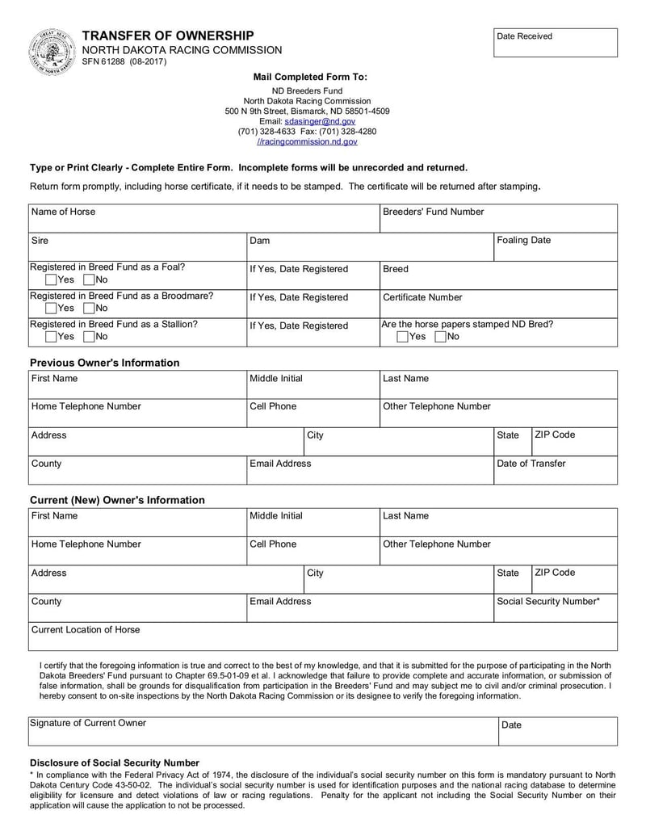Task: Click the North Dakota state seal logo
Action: tap(52, 51)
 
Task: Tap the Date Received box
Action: tap(555, 44)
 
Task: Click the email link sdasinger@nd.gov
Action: tap(320, 121)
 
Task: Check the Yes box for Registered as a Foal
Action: tap(51, 279)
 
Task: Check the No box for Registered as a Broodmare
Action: tap(89, 308)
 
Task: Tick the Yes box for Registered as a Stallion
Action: tap(51, 336)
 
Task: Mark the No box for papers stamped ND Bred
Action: tap(440, 336)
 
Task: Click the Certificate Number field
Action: tap(498, 304)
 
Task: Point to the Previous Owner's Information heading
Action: tap(105, 363)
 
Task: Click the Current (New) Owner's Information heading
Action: tap(117, 500)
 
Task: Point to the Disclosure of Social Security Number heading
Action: tap(115, 762)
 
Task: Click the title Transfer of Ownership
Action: tap(168, 36)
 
